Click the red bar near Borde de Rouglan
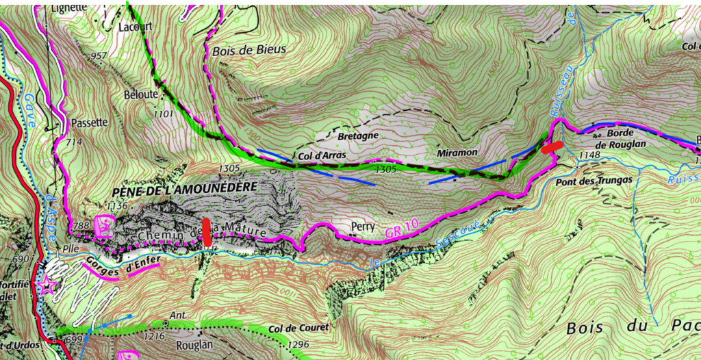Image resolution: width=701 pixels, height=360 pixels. [552, 146]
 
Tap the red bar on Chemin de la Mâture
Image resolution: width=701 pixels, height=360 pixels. [206, 232]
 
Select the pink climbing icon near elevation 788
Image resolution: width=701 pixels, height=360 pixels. [105, 226]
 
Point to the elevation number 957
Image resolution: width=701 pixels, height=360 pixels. [99, 55]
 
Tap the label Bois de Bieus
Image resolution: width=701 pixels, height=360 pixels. [249, 49]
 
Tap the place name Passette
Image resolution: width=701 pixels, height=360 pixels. [89, 123]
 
